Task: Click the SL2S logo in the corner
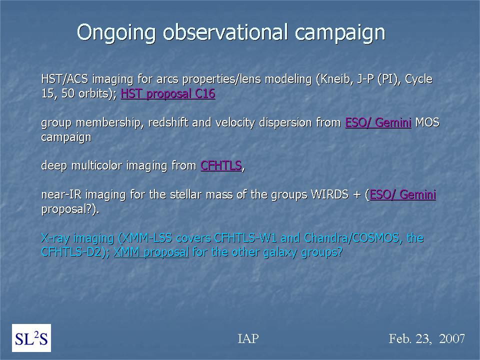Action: tap(31, 338)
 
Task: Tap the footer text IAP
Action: tap(248, 338)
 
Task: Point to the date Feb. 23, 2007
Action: tap(426, 338)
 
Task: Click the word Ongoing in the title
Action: tap(116, 32)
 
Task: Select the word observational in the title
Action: tap(225, 32)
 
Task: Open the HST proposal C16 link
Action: tap(168, 93)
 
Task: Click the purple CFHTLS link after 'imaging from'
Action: tap(221, 165)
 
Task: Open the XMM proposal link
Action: tap(151, 252)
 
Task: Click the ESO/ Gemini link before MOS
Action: tap(378, 122)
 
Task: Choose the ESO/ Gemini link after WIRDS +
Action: tap(402, 194)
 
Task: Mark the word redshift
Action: tap(168, 122)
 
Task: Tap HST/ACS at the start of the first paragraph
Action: tap(64, 79)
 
